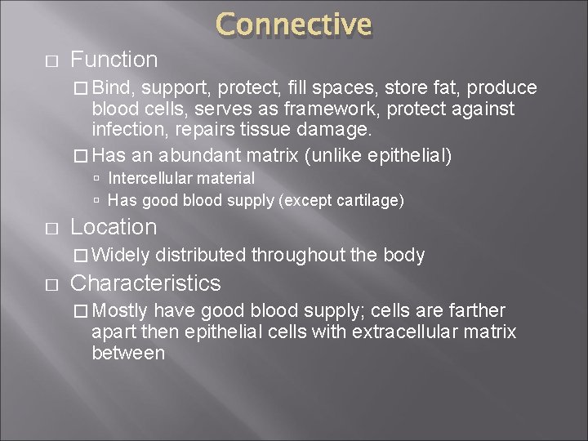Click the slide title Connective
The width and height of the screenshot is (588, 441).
point(294,24)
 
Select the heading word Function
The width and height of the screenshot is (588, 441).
point(114,60)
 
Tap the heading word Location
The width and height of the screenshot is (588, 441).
point(114,227)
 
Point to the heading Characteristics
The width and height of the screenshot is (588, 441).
point(146,283)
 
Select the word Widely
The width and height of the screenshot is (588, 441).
point(121,256)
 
